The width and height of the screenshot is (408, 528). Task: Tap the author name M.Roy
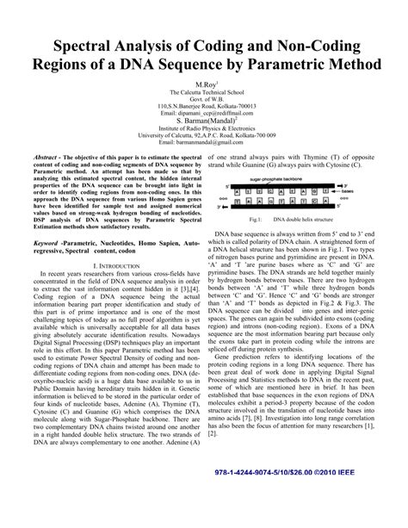(203, 86)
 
